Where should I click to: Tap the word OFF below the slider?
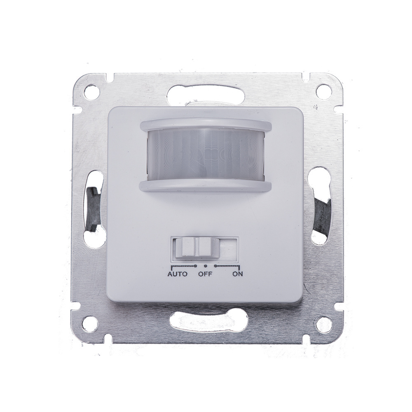[x=205, y=274]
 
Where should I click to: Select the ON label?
[x=236, y=274]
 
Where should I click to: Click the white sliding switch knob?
[x=196, y=248]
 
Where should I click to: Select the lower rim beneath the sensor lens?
[x=206, y=185]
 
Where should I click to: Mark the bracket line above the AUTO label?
[x=181, y=266]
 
